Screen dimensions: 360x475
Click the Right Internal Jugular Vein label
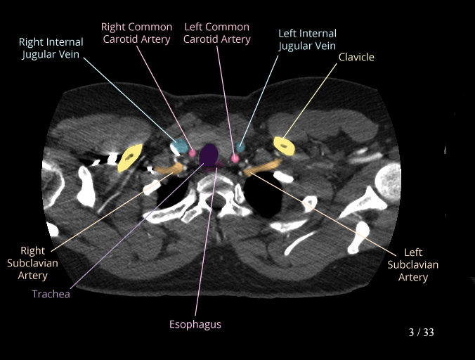point(51,48)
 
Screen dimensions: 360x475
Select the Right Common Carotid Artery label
point(136,33)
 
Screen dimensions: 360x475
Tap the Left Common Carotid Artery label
point(217,33)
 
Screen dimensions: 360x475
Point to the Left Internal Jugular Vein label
point(307,39)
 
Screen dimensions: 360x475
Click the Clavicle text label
point(356,56)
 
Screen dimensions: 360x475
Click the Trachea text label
point(51,294)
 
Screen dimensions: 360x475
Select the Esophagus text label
point(195,324)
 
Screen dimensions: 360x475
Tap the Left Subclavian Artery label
point(413,265)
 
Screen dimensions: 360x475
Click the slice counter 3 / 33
point(422,332)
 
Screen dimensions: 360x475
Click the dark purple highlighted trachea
point(209,154)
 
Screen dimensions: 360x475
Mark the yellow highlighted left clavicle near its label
point(284,146)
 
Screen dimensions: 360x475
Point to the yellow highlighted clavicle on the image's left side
point(131,157)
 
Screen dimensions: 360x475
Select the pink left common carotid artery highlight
point(235,158)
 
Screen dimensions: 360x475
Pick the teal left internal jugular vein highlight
point(241,148)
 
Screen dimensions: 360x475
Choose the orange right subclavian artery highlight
point(169,169)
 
